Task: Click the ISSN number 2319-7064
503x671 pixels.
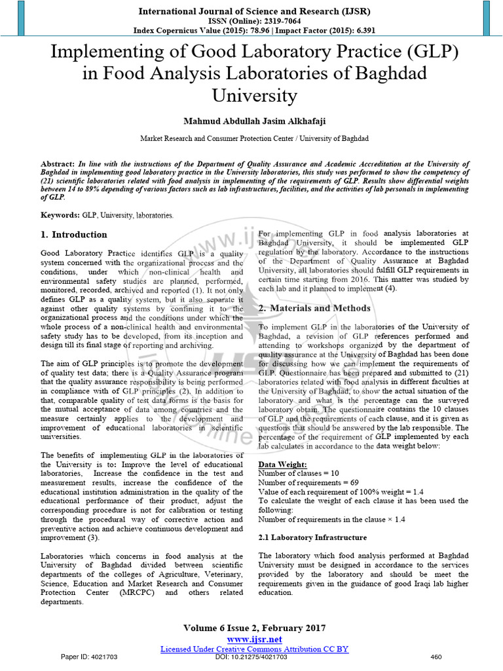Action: click(x=271, y=20)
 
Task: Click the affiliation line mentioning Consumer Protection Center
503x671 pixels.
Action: click(x=254, y=139)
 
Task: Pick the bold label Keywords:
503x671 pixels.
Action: click(x=60, y=215)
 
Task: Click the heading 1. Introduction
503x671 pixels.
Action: click(x=74, y=235)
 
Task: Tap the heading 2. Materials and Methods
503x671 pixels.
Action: click(x=314, y=308)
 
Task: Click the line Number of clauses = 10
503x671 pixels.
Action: click(x=299, y=473)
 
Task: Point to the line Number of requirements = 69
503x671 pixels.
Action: click(x=308, y=482)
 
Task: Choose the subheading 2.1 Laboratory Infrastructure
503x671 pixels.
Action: click(x=312, y=538)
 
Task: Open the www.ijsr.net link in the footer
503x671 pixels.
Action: click(x=254, y=639)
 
